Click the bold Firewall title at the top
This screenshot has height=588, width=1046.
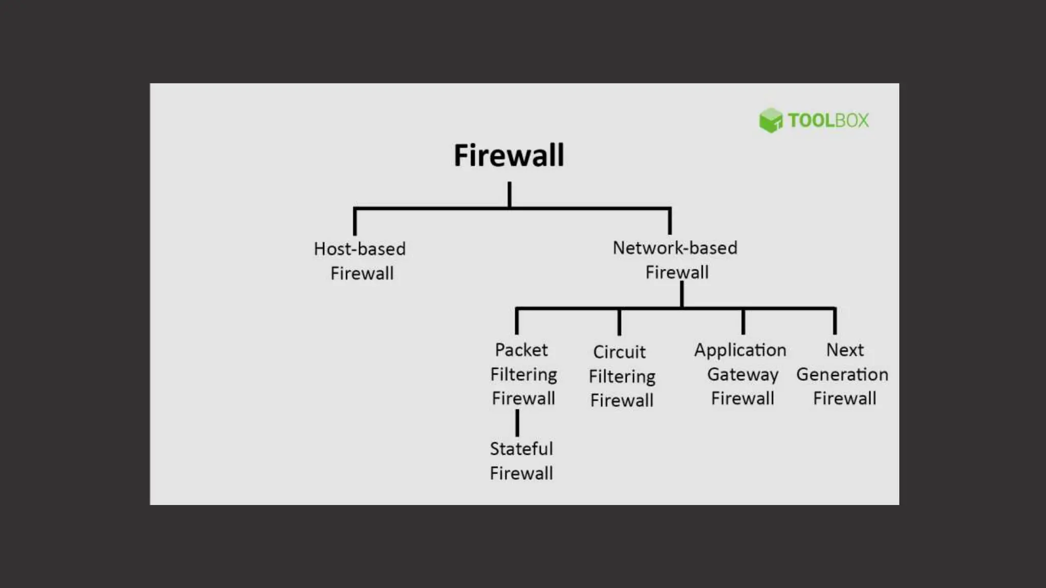coord(509,155)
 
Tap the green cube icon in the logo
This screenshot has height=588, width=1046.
coord(770,120)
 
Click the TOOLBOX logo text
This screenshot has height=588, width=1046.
coord(828,120)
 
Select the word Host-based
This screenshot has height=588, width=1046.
coord(360,249)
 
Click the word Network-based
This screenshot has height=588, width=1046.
coord(675,248)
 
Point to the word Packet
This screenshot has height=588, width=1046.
coord(521,350)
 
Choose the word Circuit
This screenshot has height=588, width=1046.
coord(619,352)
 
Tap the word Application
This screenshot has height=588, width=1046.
coord(740,351)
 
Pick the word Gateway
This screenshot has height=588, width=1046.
coord(743,375)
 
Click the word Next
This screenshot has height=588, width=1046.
coord(845,350)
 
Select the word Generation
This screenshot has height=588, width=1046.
coord(842,375)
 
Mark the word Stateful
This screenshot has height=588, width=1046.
coord(521,449)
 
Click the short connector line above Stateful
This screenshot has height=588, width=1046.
coord(517,423)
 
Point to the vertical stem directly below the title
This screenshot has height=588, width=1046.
coord(509,194)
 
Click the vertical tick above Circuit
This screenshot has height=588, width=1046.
coord(619,322)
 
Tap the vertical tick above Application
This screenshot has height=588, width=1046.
coord(743,322)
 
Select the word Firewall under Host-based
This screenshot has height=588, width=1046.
coord(362,274)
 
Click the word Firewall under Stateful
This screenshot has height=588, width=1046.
coord(521,474)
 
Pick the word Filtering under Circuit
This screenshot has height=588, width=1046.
coord(622,377)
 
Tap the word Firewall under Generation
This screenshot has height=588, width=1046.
coord(844,399)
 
